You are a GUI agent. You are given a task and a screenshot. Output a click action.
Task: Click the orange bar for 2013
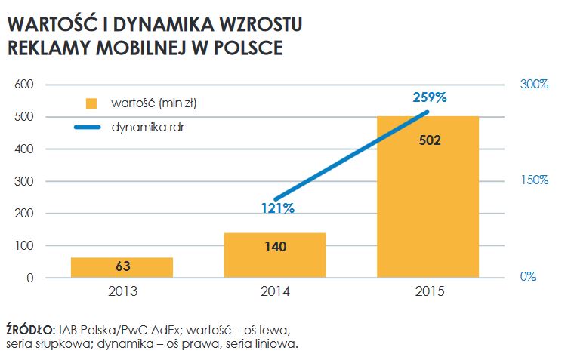(x=122, y=267)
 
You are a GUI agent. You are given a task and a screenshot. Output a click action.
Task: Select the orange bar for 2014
(x=275, y=255)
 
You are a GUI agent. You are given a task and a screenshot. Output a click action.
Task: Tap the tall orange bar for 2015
(x=428, y=197)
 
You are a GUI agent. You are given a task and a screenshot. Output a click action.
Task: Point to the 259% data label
(x=430, y=97)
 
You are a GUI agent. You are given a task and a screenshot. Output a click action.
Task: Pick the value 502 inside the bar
(x=428, y=140)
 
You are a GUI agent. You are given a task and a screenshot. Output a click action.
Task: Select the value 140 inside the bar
(x=275, y=245)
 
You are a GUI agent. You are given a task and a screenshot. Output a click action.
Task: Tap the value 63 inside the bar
(x=122, y=266)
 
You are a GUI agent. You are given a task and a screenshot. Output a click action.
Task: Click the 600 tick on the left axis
(x=26, y=85)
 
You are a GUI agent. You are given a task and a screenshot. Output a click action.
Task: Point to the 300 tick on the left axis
(x=26, y=181)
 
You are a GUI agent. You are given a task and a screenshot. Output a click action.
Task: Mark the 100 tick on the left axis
(x=26, y=246)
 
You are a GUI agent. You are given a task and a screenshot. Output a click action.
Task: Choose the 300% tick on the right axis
(x=534, y=85)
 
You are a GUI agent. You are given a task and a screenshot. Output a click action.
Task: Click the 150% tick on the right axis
(x=534, y=180)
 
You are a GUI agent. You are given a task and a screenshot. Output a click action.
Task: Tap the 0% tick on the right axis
(x=529, y=277)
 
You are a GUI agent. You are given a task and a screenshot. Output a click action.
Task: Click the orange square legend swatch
(x=92, y=103)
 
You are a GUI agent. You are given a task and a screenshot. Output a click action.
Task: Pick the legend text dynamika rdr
(x=148, y=128)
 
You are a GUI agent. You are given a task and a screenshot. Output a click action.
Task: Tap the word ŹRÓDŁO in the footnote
(x=29, y=330)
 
